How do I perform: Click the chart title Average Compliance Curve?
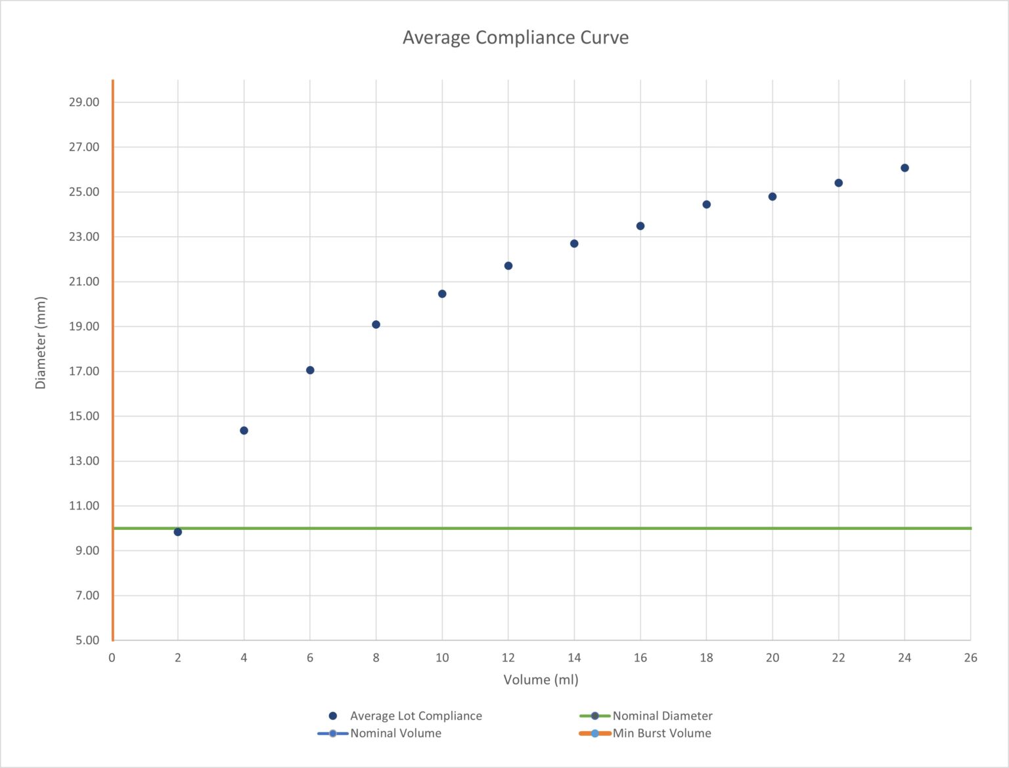point(515,37)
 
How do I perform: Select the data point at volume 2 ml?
point(178,532)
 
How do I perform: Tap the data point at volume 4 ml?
point(244,431)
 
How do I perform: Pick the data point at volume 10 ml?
point(442,294)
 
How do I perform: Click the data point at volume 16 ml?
point(640,226)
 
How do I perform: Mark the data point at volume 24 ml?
point(905,168)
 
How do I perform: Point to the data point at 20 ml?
point(773,197)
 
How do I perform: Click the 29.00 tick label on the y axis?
point(84,102)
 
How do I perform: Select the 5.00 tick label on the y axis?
point(87,640)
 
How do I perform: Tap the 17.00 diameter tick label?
point(84,371)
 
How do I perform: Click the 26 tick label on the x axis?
point(970,658)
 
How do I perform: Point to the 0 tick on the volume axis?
point(112,658)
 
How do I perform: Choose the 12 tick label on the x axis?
point(508,658)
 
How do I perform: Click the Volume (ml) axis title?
point(541,680)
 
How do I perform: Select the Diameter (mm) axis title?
point(41,343)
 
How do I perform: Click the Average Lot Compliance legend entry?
point(415,715)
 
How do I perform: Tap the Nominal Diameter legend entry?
point(662,715)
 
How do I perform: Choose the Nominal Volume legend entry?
point(395,733)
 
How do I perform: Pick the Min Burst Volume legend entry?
point(661,733)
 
